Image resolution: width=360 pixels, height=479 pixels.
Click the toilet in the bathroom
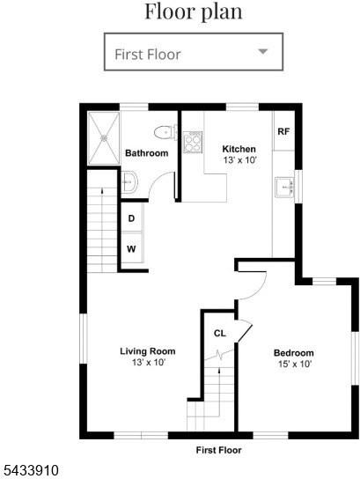(x=165, y=133)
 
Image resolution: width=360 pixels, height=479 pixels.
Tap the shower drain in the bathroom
(x=104, y=138)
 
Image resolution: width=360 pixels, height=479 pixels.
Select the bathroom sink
(x=129, y=182)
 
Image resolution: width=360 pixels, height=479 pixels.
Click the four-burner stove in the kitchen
(x=193, y=142)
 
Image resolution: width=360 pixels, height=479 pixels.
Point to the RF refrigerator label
(x=283, y=132)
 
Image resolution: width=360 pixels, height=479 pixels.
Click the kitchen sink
(x=285, y=188)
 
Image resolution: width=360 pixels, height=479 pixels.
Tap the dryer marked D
(x=132, y=218)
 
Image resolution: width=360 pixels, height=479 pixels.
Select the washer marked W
(x=132, y=248)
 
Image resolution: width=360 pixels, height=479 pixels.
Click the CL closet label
(x=219, y=334)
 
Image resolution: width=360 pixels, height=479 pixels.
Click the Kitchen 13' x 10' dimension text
(x=239, y=159)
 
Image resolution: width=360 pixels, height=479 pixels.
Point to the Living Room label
(x=148, y=351)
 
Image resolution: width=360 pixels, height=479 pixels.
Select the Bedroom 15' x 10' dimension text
(x=295, y=364)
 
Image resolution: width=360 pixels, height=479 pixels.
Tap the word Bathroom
(x=147, y=153)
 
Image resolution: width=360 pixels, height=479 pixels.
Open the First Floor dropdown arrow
(x=263, y=51)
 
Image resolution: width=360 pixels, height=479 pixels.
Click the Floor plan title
(x=194, y=11)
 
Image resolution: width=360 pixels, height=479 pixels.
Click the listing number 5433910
(x=30, y=470)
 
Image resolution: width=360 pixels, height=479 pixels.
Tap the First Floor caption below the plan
(x=218, y=450)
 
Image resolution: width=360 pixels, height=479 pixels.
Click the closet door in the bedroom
(x=246, y=332)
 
